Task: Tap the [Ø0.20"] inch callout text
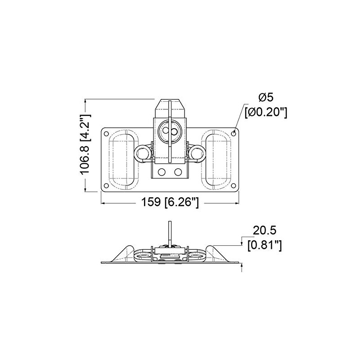pos(265,112)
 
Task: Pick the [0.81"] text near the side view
pos(265,245)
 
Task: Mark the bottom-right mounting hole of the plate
pos(234,185)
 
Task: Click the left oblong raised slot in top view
pos(123,159)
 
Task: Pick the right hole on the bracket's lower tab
pos(178,172)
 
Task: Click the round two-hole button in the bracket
pos(170,131)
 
